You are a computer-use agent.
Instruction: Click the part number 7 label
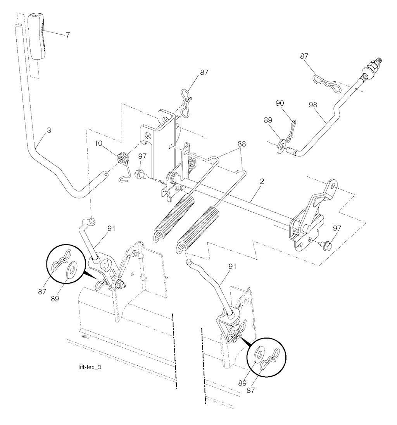tap(67, 35)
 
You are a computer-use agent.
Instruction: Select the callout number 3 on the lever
tap(49, 131)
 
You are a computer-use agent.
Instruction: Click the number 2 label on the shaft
tap(262, 181)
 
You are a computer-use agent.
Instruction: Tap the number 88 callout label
tap(242, 144)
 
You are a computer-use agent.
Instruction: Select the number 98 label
tap(313, 105)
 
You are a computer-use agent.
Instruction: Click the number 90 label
tap(280, 103)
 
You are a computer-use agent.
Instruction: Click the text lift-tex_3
tap(90, 367)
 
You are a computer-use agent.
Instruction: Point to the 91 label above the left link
tap(111, 229)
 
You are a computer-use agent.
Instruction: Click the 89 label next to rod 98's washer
tap(268, 120)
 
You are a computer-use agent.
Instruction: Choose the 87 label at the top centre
tap(204, 72)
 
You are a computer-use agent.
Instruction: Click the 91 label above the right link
tap(232, 267)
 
